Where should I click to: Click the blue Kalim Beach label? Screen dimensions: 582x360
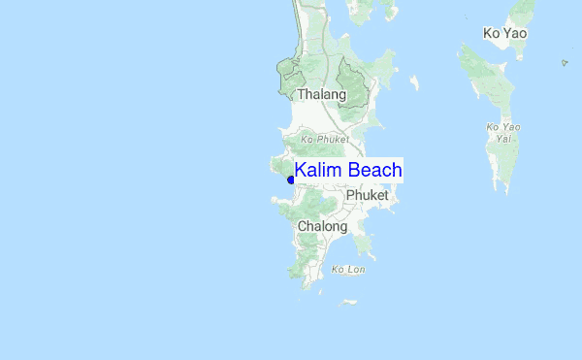[x=348, y=171]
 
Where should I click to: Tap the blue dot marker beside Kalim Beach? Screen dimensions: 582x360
[x=291, y=180]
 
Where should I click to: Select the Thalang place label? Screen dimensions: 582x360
[x=321, y=95]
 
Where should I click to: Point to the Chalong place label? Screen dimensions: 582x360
[x=322, y=226]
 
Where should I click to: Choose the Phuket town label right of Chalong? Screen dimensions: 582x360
[x=367, y=195]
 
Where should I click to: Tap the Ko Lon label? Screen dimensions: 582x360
[x=348, y=269]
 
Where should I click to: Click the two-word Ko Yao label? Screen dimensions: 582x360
[x=504, y=34]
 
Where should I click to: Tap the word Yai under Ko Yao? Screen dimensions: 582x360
[x=503, y=139]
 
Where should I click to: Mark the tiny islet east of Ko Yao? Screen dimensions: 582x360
[x=565, y=64]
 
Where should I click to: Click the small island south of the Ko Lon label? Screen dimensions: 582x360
[x=348, y=302]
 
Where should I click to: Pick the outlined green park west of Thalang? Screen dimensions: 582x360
[x=290, y=77]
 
